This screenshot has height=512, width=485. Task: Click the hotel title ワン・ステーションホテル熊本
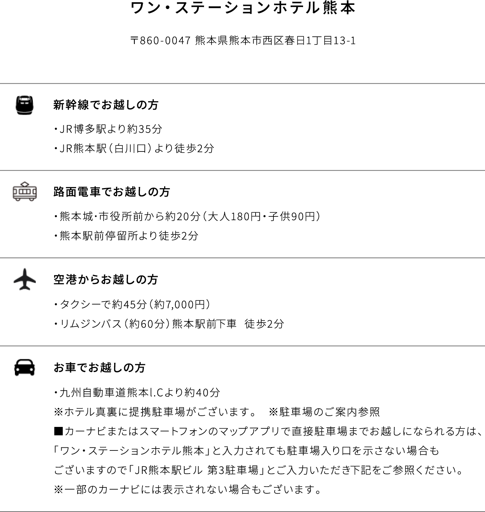tap(242, 8)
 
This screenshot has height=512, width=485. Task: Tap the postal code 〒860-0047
tap(160, 41)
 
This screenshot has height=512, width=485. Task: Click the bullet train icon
tap(25, 105)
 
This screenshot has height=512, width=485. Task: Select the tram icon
tap(25, 191)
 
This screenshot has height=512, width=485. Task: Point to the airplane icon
tap(25, 279)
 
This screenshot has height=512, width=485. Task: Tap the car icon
tap(25, 368)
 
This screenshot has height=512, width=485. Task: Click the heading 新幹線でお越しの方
tap(106, 105)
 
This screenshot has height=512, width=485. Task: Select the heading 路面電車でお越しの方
tap(112, 192)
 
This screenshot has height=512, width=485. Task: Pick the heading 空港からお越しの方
tap(106, 280)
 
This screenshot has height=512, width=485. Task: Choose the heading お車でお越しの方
tap(99, 368)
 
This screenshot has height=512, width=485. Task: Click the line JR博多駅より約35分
tap(111, 129)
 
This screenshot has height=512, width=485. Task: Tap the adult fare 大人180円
tap(234, 216)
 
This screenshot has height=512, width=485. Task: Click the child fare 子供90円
tap(292, 216)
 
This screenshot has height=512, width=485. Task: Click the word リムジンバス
tap(91, 324)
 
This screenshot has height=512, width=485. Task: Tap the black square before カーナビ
tap(58, 431)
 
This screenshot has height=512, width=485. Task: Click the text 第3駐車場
tap(232, 470)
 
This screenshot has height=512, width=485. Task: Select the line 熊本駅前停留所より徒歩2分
tap(129, 236)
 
